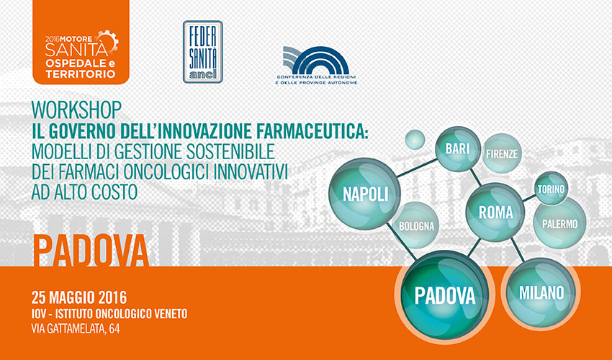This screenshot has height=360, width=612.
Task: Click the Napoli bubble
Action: tap(365, 194)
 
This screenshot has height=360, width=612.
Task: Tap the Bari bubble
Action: tap(458, 149)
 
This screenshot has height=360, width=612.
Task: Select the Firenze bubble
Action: tap(502, 153)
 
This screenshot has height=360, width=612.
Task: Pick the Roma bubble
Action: tap(495, 212)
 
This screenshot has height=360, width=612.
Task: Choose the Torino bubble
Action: tap(551, 189)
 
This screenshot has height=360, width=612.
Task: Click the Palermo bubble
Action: tap(559, 223)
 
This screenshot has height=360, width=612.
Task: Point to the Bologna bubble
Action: tap(416, 225)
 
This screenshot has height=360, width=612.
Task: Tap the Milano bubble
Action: tap(541, 292)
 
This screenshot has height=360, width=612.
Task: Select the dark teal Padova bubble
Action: tap(444, 295)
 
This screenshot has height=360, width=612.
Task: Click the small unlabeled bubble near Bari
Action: tap(415, 140)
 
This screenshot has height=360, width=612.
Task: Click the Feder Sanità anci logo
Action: tap(203, 52)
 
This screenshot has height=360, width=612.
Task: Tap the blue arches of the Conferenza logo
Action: tap(316, 60)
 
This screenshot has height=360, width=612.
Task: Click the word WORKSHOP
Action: tap(76, 110)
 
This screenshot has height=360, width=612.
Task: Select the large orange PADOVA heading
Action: tap(91, 251)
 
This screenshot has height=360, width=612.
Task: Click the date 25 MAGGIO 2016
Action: tap(79, 297)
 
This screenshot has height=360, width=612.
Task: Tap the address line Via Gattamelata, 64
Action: tap(76, 329)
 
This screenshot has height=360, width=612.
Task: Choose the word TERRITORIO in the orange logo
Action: tap(81, 74)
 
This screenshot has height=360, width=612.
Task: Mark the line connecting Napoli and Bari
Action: tap(418, 168)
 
